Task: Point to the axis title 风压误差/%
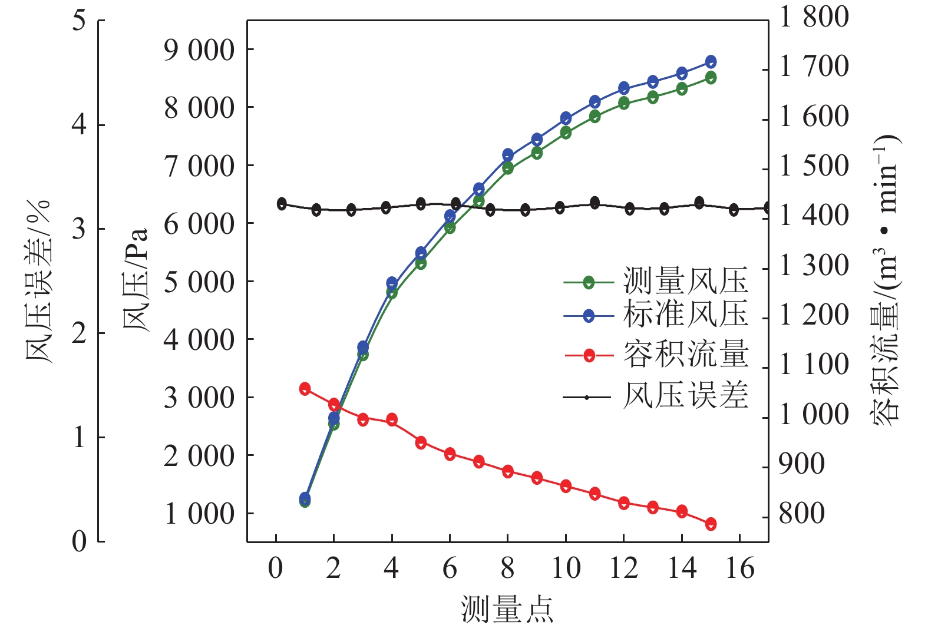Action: tap(38, 282)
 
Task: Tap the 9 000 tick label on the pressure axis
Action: tap(199, 51)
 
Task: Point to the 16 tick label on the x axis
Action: tap(740, 569)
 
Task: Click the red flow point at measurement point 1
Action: tap(305, 389)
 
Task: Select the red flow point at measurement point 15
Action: tap(711, 524)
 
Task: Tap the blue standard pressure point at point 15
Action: tap(711, 62)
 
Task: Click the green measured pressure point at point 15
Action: tap(711, 78)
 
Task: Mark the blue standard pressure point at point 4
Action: tap(392, 283)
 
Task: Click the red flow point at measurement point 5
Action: tap(421, 443)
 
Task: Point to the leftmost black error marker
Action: tap(282, 204)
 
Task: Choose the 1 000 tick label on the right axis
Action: tap(814, 414)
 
